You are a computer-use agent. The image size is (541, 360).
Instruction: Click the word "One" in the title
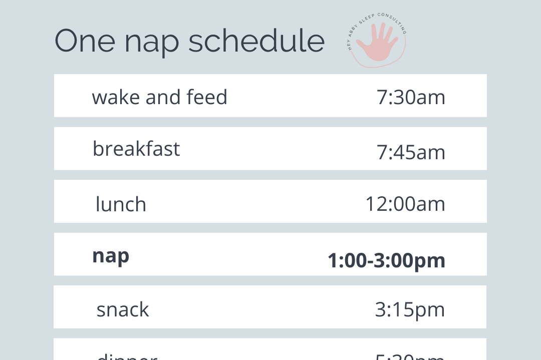pos(84,41)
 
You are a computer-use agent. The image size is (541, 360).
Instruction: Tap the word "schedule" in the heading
pos(256,41)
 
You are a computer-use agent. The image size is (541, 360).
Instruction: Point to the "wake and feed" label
pos(159,97)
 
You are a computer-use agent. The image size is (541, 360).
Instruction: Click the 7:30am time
pos(411,97)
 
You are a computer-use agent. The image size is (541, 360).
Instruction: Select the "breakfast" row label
pos(136,149)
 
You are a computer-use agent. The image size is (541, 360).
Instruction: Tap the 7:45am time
pos(411,152)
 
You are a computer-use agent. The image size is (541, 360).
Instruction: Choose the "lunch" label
pos(121,204)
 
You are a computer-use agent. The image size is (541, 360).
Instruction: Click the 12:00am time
pos(405,204)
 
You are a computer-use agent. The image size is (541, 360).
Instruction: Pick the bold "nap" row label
pos(111,256)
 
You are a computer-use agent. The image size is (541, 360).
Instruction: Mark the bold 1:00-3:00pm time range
pos(386,260)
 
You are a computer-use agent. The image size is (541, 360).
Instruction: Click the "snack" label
pos(123,309)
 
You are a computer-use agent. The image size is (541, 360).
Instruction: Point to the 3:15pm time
pos(410,309)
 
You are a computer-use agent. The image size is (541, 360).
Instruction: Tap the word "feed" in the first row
pos(207,97)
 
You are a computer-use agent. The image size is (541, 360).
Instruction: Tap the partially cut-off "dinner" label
pos(126,356)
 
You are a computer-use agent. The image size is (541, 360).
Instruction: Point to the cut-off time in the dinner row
pos(410,356)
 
